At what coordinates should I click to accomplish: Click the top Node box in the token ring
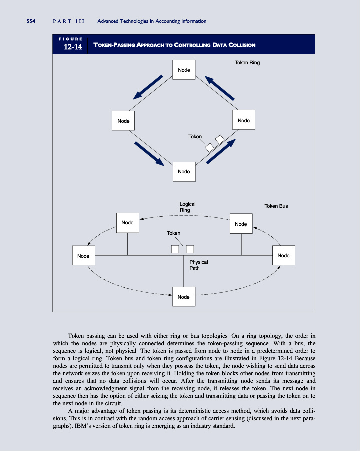[x=184, y=70]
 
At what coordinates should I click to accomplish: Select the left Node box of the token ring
[x=123, y=121]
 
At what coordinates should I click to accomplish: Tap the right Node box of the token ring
[x=243, y=121]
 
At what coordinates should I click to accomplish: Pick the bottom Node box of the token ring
[x=184, y=171]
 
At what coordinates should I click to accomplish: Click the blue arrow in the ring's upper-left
[x=148, y=88]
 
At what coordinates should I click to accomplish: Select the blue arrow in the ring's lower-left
[x=149, y=153]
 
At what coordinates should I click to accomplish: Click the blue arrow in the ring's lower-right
[x=220, y=151]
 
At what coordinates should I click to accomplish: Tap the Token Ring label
[x=247, y=63]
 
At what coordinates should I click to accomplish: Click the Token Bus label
[x=276, y=206]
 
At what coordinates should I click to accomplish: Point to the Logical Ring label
[x=187, y=207]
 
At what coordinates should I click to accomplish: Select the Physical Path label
[x=198, y=265]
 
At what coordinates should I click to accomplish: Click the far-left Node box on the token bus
[x=83, y=256]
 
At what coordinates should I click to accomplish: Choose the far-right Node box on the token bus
[x=283, y=256]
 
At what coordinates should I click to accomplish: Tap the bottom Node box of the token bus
[x=184, y=297]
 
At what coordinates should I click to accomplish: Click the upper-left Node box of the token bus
[x=127, y=222]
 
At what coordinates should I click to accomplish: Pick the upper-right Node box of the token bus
[x=241, y=224]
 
